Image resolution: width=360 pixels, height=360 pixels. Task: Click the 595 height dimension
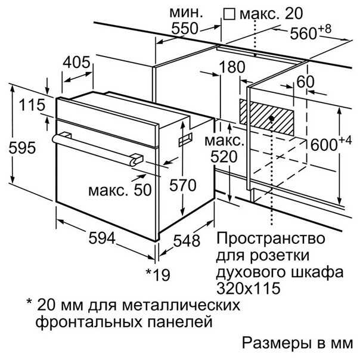pyautogui.click(x=22, y=148)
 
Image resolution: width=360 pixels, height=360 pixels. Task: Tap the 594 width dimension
pyautogui.click(x=102, y=238)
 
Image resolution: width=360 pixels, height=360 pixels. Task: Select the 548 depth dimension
pyautogui.click(x=187, y=241)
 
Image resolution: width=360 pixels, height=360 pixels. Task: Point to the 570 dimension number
pyautogui.click(x=183, y=185)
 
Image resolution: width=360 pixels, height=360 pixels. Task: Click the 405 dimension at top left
pyautogui.click(x=77, y=62)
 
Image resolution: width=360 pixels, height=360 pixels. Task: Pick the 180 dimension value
pyautogui.click(x=232, y=67)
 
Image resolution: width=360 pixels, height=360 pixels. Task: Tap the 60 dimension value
pyautogui.click(x=305, y=82)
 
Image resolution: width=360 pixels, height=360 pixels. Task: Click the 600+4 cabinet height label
pyautogui.click(x=331, y=144)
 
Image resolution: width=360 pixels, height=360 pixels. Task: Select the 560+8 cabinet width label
pyautogui.click(x=311, y=32)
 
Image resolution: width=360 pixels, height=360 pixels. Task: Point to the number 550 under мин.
pyautogui.click(x=185, y=29)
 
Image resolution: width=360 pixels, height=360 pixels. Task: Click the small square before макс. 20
pyautogui.click(x=229, y=14)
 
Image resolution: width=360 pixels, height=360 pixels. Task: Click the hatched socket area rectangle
pyautogui.click(x=267, y=117)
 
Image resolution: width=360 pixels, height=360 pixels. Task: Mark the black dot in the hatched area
pyautogui.click(x=272, y=119)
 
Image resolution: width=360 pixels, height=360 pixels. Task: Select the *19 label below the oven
pyautogui.click(x=158, y=275)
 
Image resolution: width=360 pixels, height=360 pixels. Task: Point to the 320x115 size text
pyautogui.click(x=249, y=288)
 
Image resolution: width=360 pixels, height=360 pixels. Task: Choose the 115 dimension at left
pyautogui.click(x=32, y=105)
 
